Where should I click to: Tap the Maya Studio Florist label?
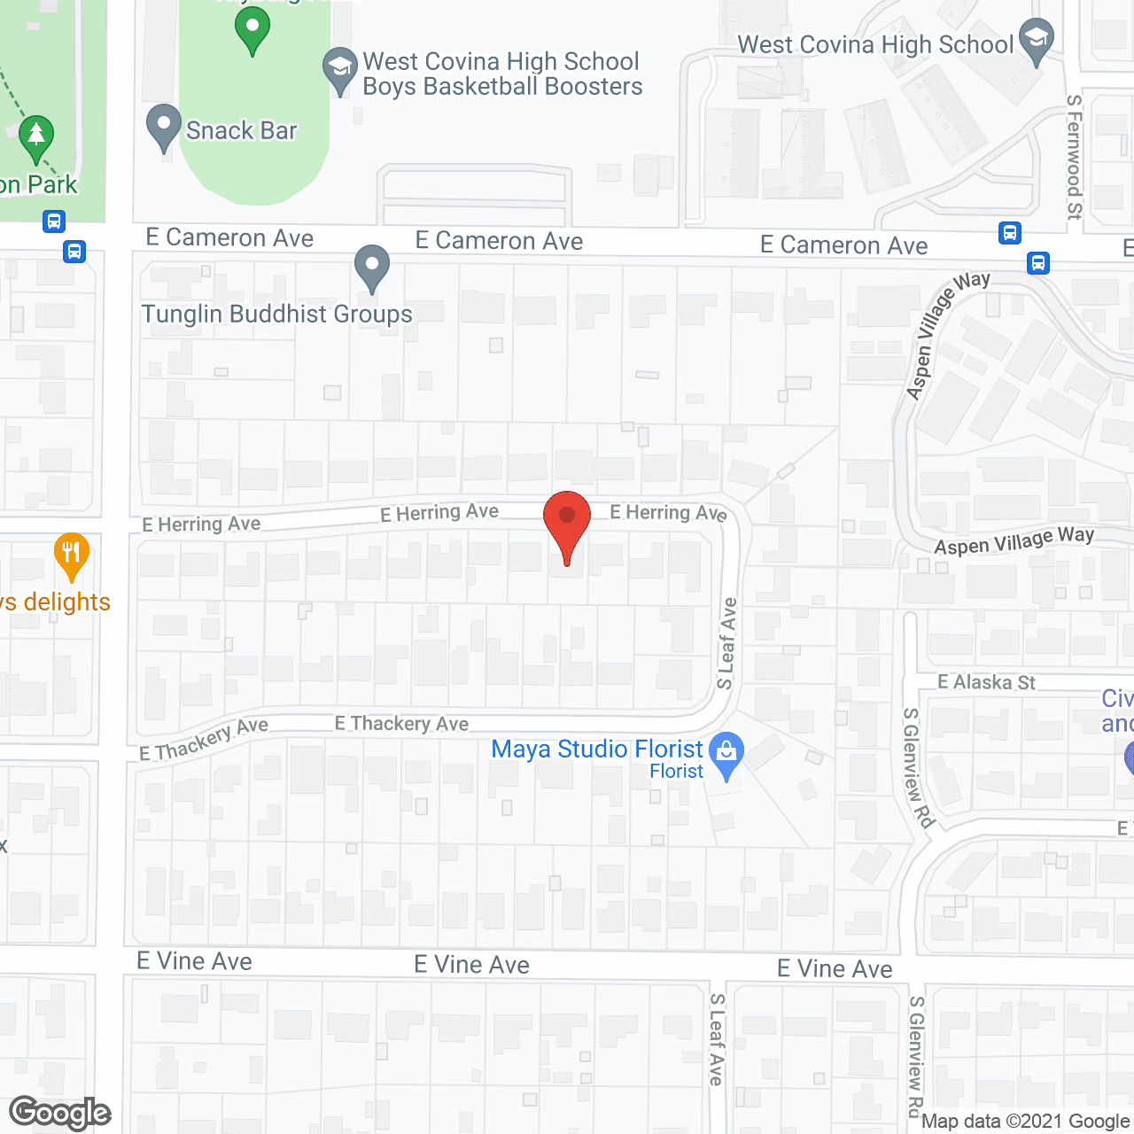tap(596, 750)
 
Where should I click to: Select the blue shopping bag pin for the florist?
tap(726, 753)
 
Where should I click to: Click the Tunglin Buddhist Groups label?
tap(276, 315)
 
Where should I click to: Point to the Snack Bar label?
tap(241, 131)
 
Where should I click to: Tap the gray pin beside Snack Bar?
tap(163, 126)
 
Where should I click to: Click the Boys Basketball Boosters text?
tap(502, 87)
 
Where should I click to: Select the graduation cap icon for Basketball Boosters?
tap(339, 69)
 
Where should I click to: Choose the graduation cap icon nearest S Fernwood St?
tap(1035, 40)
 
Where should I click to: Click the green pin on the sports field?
tap(252, 28)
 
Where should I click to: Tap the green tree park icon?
tap(36, 137)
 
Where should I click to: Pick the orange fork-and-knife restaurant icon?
tap(71, 555)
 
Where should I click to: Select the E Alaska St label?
tap(986, 682)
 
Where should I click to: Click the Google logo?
tap(59, 1113)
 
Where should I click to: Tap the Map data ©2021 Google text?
tap(1025, 1122)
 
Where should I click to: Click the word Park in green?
tap(52, 185)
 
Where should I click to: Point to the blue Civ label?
tap(1117, 698)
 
